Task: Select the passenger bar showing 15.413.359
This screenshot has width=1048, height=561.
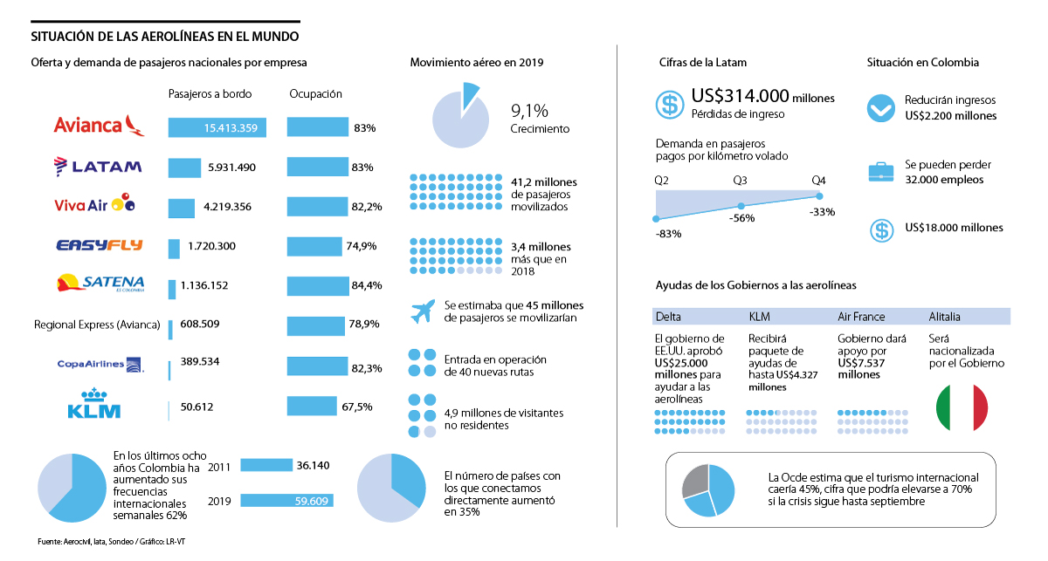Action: tap(217, 128)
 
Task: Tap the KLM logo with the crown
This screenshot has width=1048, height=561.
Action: tap(93, 403)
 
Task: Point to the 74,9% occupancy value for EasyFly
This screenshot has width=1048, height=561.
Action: tap(361, 246)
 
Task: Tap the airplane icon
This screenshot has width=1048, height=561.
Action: tap(423, 311)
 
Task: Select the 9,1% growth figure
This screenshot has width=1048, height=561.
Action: tap(529, 111)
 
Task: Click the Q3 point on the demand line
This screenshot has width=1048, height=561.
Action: tap(741, 206)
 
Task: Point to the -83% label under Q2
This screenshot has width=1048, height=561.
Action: tap(668, 233)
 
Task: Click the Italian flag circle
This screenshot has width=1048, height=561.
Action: tap(961, 407)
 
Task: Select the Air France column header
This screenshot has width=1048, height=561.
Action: tap(861, 317)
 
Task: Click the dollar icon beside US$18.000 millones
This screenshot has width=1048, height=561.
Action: tap(881, 229)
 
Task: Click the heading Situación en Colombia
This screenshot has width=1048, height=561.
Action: tap(922, 63)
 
